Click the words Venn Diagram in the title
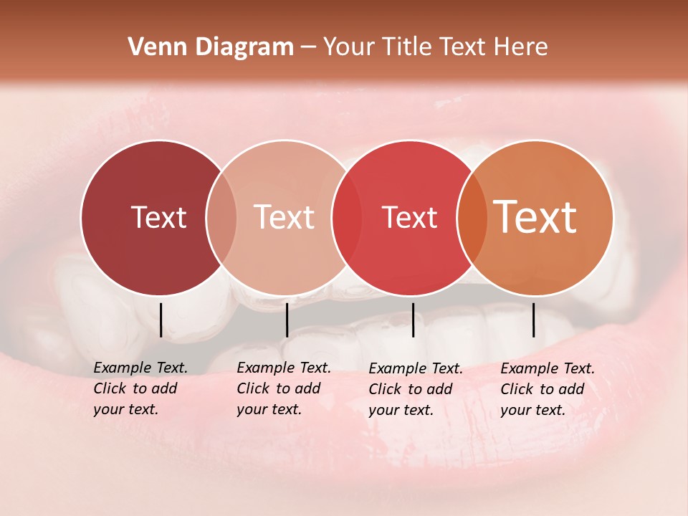[x=211, y=47]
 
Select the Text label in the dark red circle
[x=158, y=217]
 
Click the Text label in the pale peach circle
[x=285, y=217]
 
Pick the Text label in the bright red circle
[x=409, y=217]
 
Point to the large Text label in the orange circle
[x=535, y=216]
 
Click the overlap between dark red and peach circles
[x=221, y=218]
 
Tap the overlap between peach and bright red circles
[x=347, y=218]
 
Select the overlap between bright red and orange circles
[x=472, y=218]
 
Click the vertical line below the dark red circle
[x=161, y=320]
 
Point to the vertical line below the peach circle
[x=287, y=320]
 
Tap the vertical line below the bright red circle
[x=413, y=320]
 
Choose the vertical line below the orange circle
[x=533, y=320]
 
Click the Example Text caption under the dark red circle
[x=140, y=368]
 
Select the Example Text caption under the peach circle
[x=284, y=368]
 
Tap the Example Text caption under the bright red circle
[x=416, y=368]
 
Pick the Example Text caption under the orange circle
[x=548, y=368]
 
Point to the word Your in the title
[x=348, y=47]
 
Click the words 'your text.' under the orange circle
[x=532, y=410]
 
